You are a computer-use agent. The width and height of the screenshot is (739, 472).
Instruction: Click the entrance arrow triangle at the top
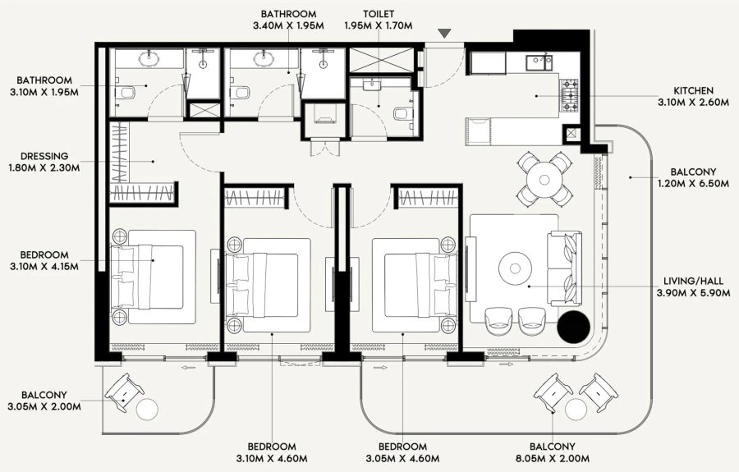click(x=444, y=33)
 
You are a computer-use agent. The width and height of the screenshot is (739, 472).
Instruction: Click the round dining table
click(x=544, y=178)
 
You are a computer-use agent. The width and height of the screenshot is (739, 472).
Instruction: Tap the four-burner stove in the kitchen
click(x=569, y=94)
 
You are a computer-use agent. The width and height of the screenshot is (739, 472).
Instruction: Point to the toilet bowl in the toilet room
click(x=402, y=114)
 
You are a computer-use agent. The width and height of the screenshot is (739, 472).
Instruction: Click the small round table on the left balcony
click(x=149, y=410)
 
